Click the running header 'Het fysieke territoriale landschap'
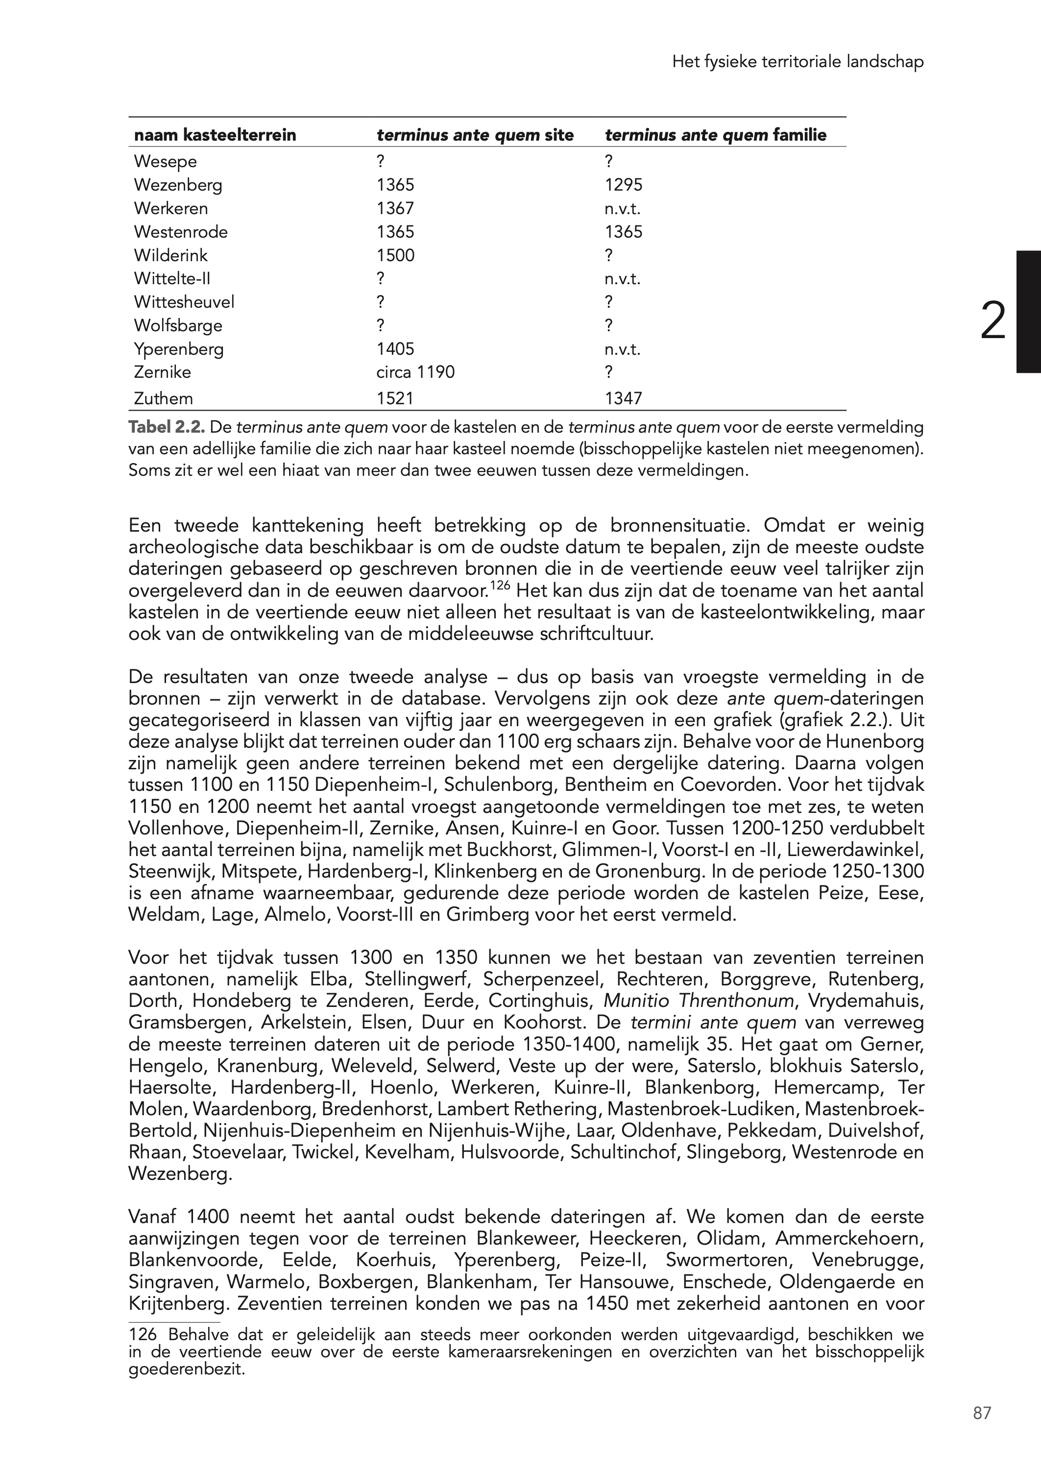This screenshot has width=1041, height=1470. [798, 62]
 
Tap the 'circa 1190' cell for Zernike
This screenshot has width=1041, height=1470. [415, 372]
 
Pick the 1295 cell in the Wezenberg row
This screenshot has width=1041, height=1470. [623, 185]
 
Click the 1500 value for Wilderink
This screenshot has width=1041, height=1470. [395, 255]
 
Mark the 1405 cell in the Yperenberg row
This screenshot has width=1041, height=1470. [395, 349]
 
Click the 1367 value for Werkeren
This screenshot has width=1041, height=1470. [395, 208]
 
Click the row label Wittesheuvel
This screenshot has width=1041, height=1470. [184, 302]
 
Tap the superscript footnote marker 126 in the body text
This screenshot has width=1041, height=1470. [500, 584]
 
